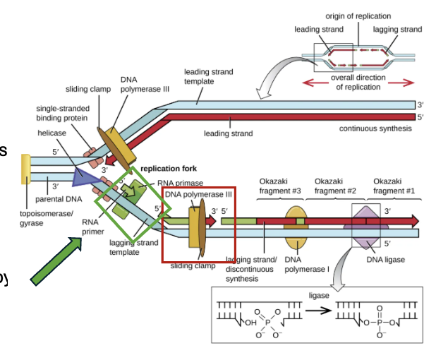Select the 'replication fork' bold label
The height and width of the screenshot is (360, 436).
tap(169, 169)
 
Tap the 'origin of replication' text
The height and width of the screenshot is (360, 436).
tap(358, 16)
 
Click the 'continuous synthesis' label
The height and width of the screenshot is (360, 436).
tap(374, 128)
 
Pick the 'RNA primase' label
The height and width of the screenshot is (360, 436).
tap(180, 183)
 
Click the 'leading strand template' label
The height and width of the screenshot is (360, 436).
tap(208, 76)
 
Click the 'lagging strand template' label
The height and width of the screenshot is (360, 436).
tap(134, 248)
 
